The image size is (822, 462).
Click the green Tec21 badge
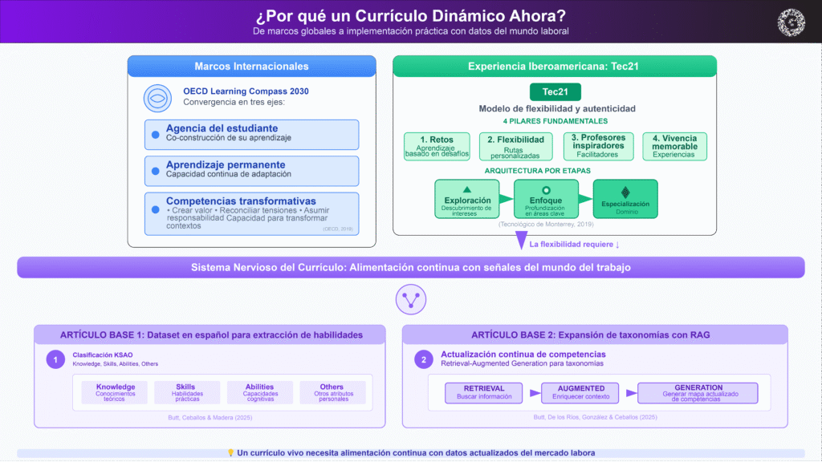point(555,91)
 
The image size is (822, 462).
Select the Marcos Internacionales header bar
point(251,67)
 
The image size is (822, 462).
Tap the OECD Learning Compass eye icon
point(157,98)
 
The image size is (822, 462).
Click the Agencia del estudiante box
point(251,134)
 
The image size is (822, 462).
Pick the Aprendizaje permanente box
point(251,170)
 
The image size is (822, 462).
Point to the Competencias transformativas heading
point(241,201)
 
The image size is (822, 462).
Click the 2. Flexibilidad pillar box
point(515,145)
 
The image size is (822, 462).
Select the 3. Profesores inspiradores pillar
point(598,145)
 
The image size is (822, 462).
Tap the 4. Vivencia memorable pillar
point(674,145)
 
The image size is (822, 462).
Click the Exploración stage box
point(466,198)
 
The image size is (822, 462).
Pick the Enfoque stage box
point(546,198)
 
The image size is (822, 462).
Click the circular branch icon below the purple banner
point(410,300)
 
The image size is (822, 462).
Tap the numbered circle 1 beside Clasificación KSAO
point(55,359)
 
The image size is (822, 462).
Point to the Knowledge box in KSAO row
point(116,392)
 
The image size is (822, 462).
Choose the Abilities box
point(259,392)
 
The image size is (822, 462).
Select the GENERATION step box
point(698,392)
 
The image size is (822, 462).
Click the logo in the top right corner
point(792,22)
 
